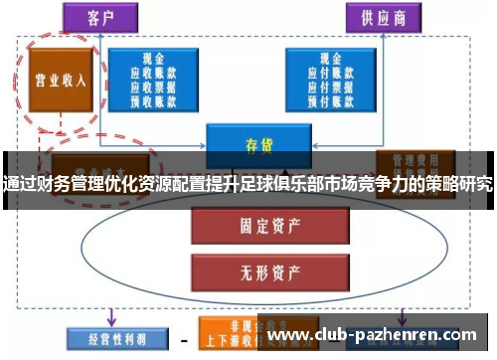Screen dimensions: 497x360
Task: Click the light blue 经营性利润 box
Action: point(108,337)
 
